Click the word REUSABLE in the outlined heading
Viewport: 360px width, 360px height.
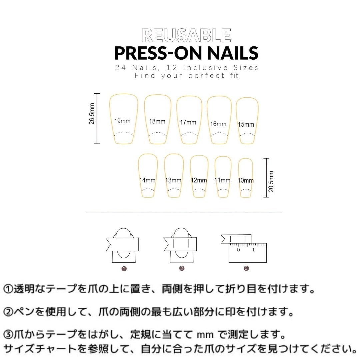(186, 36)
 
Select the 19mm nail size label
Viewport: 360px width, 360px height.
(122, 121)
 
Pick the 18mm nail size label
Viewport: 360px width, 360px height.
(157, 121)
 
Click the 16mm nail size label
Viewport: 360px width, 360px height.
(218, 124)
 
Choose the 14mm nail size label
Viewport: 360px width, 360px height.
(147, 180)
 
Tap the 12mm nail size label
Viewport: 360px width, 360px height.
(199, 180)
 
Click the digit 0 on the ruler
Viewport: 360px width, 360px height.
(238, 250)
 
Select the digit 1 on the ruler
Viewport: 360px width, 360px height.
(254, 250)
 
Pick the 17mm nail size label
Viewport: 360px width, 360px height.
(188, 122)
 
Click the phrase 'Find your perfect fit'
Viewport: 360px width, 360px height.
(187, 76)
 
